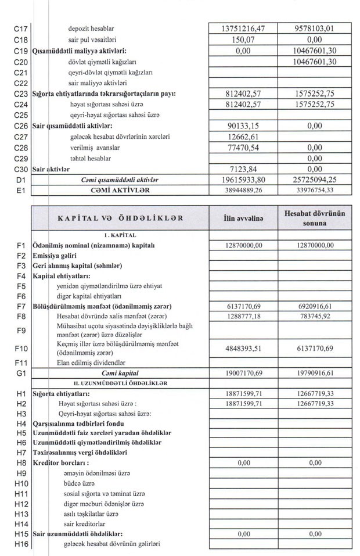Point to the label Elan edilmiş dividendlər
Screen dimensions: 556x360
point(91,362)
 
